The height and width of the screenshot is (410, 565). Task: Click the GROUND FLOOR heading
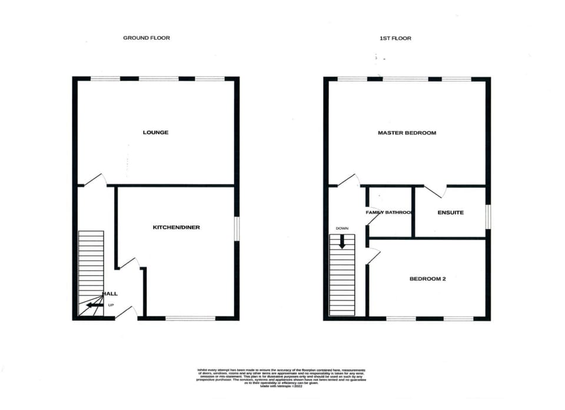point(147,38)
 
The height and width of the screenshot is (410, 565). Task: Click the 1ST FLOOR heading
point(395,38)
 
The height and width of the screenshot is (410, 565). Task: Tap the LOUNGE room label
point(155,132)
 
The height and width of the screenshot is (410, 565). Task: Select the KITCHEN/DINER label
point(177,227)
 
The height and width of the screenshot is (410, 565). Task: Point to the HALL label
point(110,294)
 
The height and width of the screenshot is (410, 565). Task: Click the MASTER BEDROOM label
point(407,133)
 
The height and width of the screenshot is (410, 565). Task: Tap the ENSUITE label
point(451,212)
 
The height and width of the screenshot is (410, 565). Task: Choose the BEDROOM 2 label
point(427,279)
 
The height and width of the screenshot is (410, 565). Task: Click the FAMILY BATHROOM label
point(388,212)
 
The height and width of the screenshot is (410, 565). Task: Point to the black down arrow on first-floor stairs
point(342,241)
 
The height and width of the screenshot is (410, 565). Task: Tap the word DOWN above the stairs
point(342,228)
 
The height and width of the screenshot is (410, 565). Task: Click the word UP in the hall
point(111,305)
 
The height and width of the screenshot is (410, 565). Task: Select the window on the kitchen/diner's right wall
point(237,228)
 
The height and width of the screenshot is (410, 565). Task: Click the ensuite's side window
point(488,215)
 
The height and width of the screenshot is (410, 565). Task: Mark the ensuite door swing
point(436,191)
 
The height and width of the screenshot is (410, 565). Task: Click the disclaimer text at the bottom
point(281,376)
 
